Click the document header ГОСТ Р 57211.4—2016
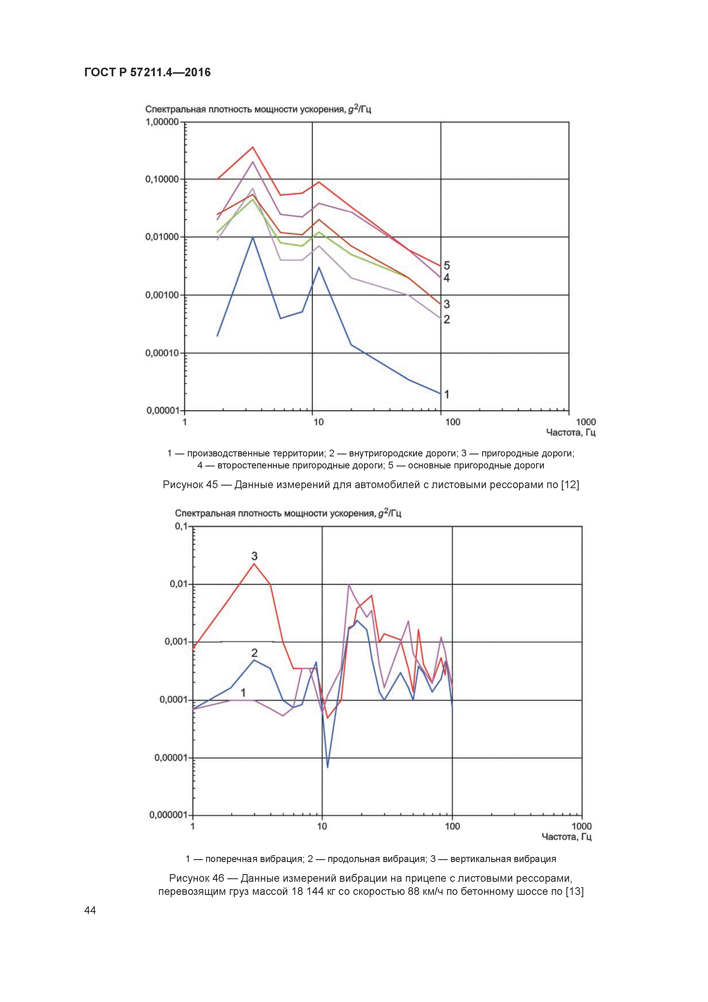pyautogui.click(x=147, y=73)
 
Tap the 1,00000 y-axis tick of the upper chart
pyautogui.click(x=162, y=122)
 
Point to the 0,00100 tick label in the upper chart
pyautogui.click(x=162, y=295)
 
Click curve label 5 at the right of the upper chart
pyautogui.click(x=447, y=265)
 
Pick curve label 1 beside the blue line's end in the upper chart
pyautogui.click(x=447, y=394)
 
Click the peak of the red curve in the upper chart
pyautogui.click(x=253, y=147)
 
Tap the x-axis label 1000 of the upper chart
pyautogui.click(x=586, y=422)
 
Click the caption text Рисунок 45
pyautogui.click(x=190, y=485)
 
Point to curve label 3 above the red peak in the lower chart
pyautogui.click(x=254, y=556)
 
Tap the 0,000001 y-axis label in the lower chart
pyautogui.click(x=168, y=815)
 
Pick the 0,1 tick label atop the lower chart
pyautogui.click(x=181, y=526)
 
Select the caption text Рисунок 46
pyautogui.click(x=196, y=878)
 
